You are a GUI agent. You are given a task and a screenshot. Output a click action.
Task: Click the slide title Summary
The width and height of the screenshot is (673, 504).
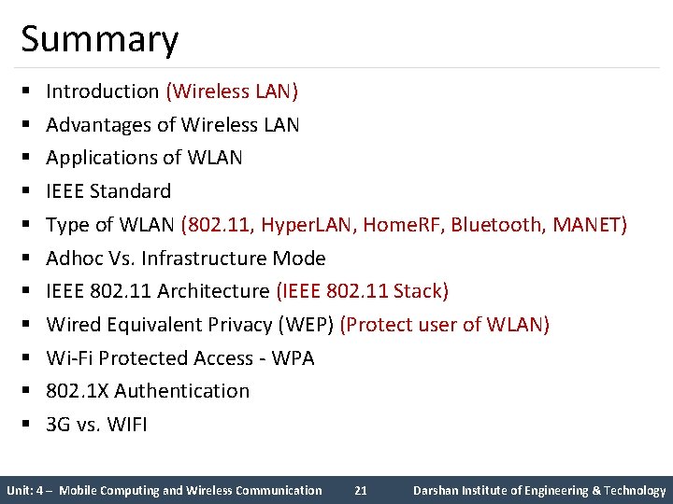[x=99, y=39]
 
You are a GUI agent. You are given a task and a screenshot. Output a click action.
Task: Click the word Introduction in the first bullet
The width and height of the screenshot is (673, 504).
[x=103, y=91]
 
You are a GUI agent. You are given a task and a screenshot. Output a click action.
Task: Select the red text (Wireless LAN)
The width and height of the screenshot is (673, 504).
[x=232, y=91]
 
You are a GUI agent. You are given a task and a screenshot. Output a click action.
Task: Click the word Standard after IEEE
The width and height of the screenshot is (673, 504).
[x=131, y=191]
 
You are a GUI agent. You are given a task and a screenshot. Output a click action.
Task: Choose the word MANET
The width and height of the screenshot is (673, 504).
[x=588, y=225]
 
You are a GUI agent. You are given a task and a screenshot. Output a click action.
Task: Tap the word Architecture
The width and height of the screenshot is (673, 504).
[x=213, y=291]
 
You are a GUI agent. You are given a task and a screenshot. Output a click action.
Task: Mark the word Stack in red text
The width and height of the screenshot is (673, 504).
[x=421, y=291]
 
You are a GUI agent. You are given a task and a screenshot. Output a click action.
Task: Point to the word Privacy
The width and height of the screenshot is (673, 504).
[x=237, y=325]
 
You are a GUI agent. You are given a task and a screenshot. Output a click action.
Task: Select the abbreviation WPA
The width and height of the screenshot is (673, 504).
[x=293, y=358]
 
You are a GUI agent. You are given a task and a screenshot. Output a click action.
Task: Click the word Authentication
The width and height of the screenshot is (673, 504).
[x=182, y=391]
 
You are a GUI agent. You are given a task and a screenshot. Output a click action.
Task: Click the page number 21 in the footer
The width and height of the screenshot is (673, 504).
[x=362, y=490]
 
